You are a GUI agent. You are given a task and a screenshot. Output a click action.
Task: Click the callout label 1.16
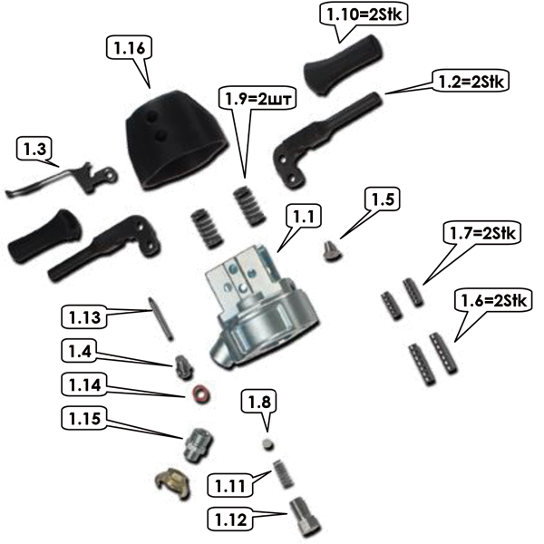click(x=126, y=46)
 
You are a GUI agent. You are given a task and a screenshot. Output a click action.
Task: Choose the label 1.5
click(x=381, y=199)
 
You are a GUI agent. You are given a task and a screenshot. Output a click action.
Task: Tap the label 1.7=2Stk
click(x=482, y=234)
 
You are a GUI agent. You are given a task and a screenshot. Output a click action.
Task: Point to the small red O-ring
click(x=199, y=394)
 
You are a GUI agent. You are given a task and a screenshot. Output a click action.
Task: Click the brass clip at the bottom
click(x=170, y=485)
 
